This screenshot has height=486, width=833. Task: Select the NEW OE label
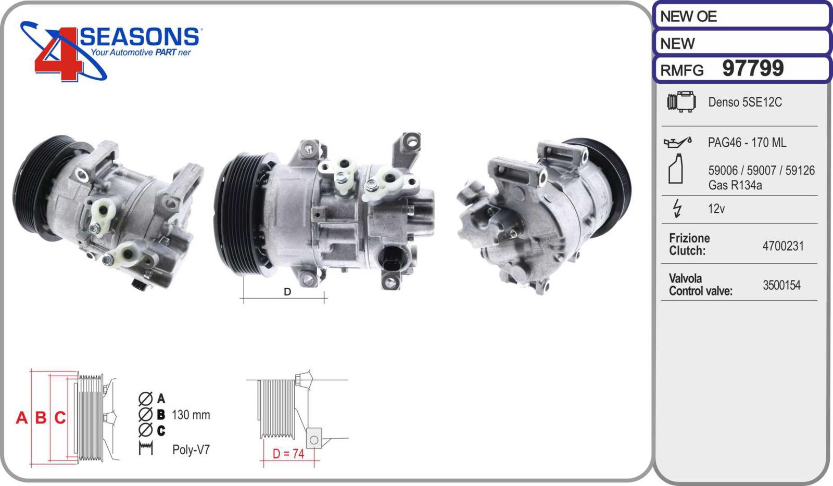pos(688,16)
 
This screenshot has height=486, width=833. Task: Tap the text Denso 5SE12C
pos(745,102)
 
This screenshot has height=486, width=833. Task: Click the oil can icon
pos(677,142)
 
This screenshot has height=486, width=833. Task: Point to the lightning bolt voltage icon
pos(677,208)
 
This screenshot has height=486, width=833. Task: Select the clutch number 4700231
pos(783,246)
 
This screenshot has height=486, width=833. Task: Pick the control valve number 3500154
pos(781,285)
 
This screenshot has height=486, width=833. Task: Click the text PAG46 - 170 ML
pos(747,142)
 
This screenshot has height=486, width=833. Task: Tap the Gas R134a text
pos(735,185)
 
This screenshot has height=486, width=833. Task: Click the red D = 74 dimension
pos(288,454)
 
